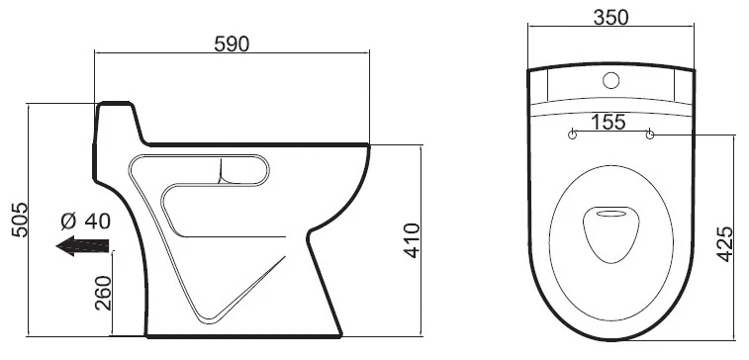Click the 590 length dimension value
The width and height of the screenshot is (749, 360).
coord(232,44)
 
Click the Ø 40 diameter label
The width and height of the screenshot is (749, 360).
coord(84,221)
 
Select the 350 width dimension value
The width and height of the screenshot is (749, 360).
coord(610,18)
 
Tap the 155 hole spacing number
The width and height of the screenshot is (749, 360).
coord(610,122)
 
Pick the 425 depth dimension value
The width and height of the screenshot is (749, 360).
coord(724,243)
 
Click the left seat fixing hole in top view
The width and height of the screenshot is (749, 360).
coord(572,135)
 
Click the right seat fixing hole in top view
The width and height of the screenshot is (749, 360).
coord(649,135)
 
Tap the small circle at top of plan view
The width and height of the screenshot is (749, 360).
coord(610,80)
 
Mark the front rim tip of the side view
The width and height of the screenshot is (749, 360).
coord(369,146)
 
